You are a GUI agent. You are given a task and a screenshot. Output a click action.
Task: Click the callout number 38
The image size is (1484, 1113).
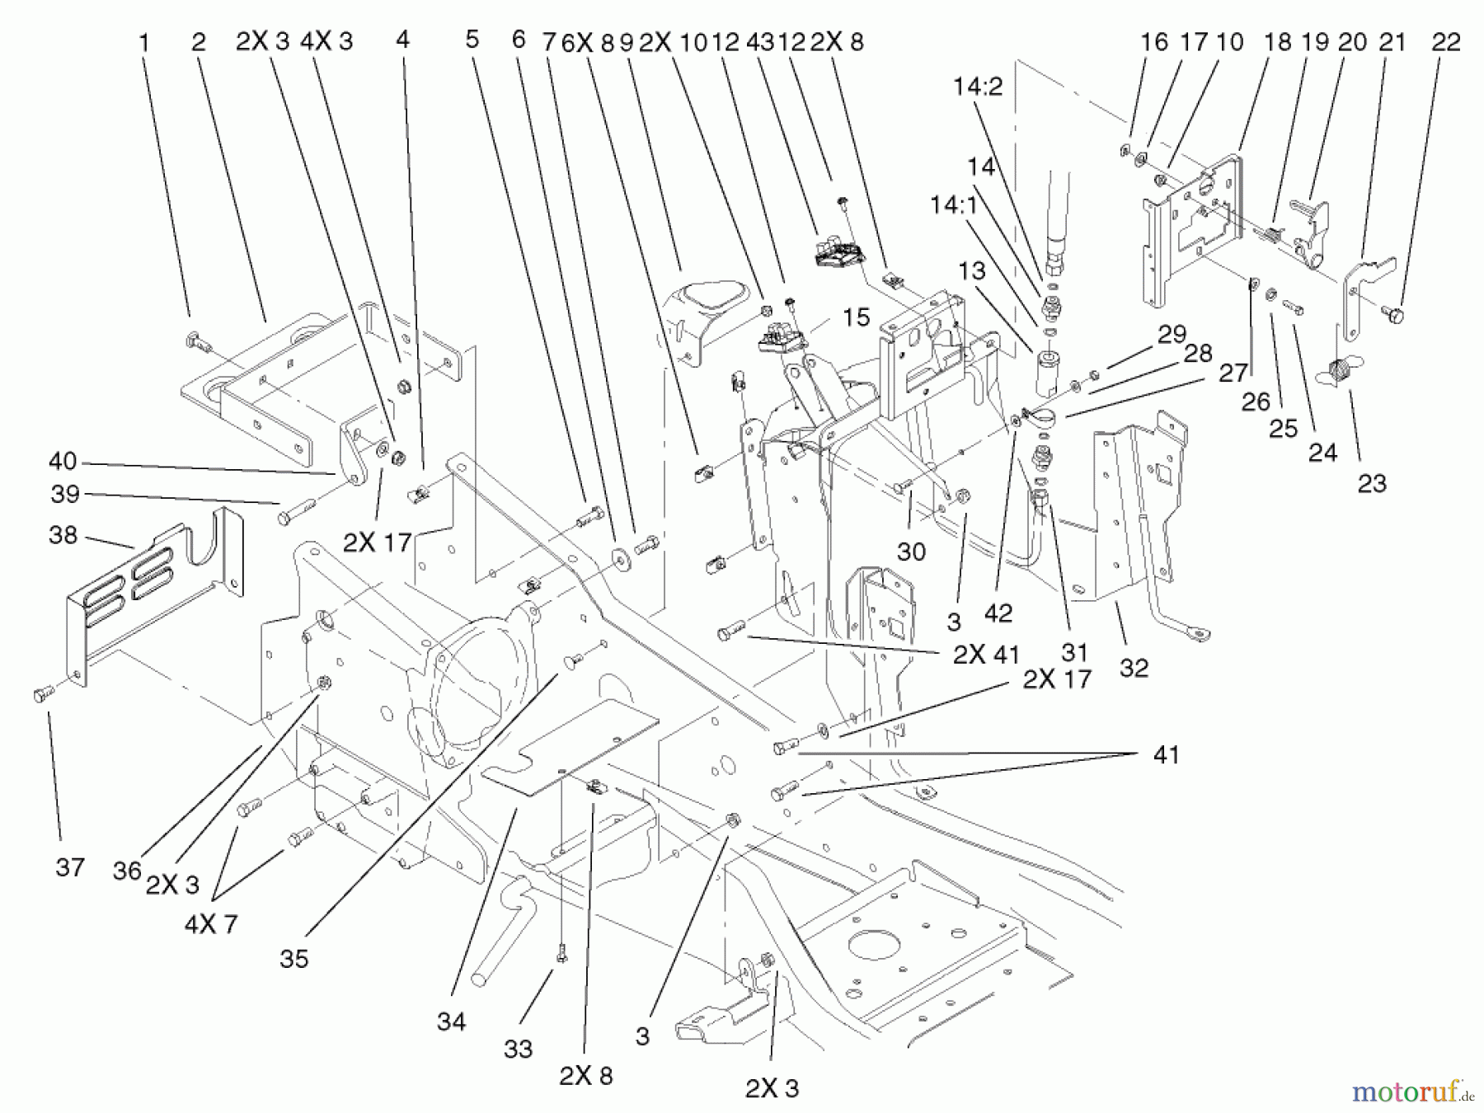63,536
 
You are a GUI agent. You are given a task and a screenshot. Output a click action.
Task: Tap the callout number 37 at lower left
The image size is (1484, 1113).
70,867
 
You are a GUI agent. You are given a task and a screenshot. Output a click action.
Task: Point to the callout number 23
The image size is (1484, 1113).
1371,484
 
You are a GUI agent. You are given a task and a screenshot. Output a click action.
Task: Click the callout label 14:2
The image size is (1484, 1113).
978,87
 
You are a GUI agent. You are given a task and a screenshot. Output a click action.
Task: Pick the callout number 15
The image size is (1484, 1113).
857,317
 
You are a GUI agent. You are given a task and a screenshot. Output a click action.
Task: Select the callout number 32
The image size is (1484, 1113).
1134,668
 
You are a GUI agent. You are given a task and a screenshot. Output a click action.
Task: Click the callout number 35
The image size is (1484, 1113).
294,959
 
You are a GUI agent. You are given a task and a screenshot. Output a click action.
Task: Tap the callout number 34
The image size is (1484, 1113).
451,1022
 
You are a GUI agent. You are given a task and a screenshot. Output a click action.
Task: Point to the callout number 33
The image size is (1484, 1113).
519,1050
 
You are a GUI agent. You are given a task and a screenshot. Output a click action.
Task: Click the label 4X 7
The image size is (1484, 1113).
211,925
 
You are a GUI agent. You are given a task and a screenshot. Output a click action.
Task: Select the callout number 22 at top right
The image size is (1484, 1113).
1446,41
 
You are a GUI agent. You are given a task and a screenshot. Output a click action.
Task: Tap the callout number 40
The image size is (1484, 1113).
63,460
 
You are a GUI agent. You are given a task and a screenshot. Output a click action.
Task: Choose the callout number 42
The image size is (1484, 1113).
998,613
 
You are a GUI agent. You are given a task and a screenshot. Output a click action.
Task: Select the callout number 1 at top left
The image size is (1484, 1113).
144,42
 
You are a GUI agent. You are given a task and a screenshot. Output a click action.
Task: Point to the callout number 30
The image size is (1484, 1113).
911,552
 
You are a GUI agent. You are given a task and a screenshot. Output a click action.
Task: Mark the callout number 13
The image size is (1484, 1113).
972,271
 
